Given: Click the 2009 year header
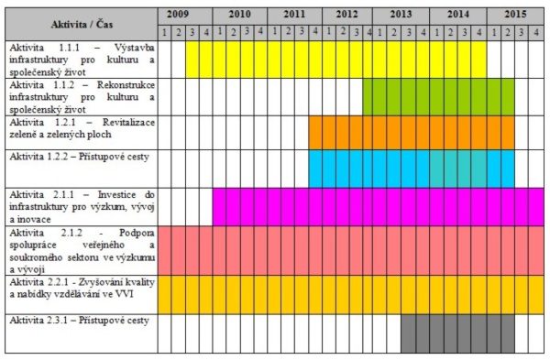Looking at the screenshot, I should [x=185, y=15].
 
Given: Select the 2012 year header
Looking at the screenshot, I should [x=347, y=15].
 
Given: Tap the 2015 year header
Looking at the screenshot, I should [x=514, y=15].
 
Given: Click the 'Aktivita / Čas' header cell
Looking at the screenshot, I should [x=80, y=23].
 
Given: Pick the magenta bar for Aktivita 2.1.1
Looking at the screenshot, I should [x=376, y=206].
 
